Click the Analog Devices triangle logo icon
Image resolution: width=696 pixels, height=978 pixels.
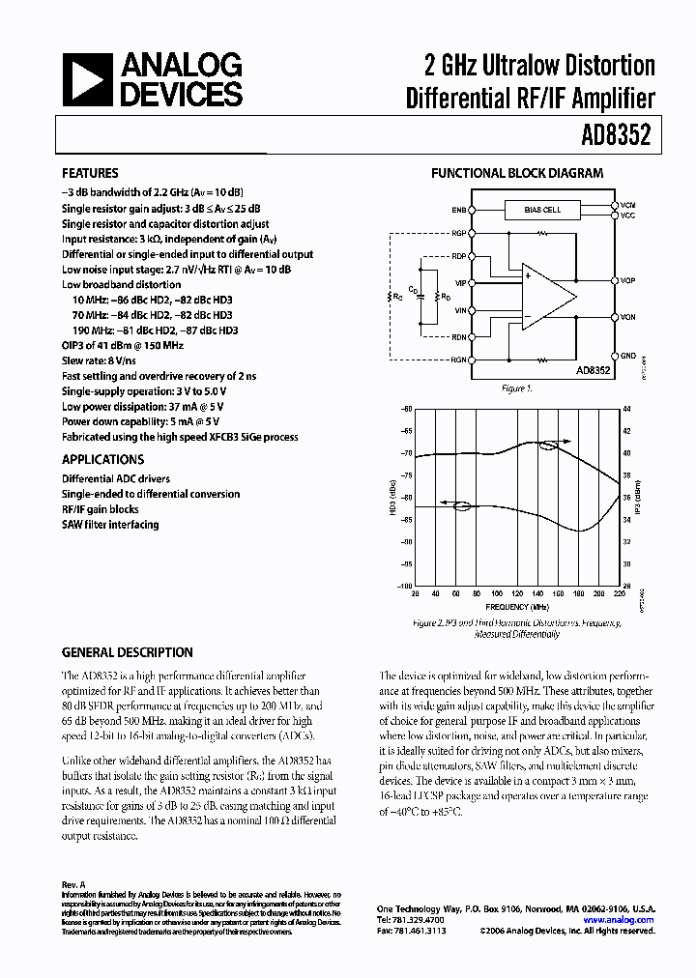tap(85, 80)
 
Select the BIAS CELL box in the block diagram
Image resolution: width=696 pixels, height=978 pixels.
tap(541, 210)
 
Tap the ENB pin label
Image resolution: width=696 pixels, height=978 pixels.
tap(457, 210)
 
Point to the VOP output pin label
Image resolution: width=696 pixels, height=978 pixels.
tap(627, 280)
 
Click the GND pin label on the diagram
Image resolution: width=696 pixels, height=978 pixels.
tap(627, 355)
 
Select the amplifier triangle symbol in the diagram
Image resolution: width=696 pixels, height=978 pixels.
tap(546, 295)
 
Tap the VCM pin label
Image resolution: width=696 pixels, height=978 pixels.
tap(627, 205)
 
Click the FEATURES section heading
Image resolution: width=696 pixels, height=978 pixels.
tap(90, 173)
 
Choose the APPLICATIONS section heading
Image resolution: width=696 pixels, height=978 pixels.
tap(102, 460)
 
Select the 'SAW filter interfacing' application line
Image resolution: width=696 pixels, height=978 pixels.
tap(110, 525)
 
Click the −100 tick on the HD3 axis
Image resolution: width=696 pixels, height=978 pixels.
tap(406, 586)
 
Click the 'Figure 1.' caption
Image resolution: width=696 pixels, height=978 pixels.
tap(517, 388)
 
